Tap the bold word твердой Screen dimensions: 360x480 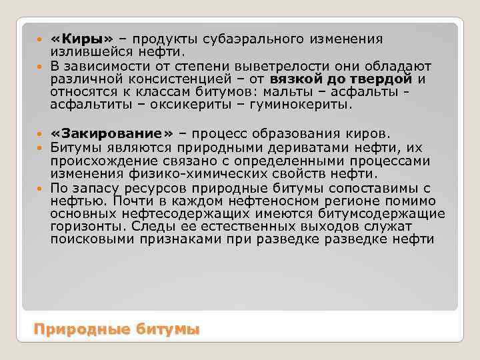[379, 79]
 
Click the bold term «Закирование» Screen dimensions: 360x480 [112, 135]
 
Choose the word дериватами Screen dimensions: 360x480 [304, 148]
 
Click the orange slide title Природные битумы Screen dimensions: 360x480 [117, 329]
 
